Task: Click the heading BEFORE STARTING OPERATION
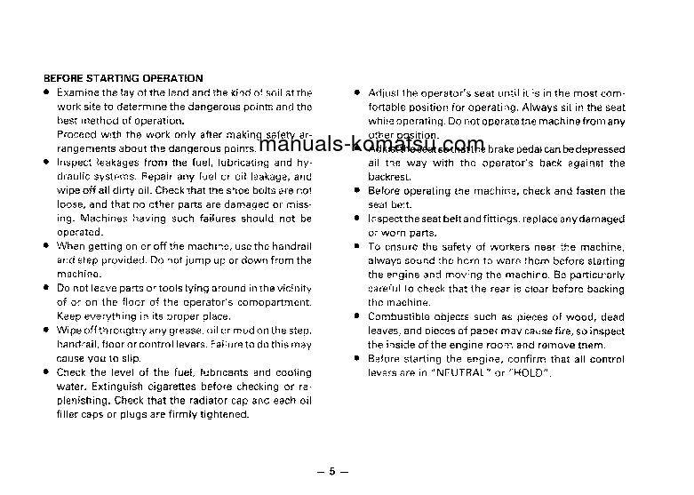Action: (124, 78)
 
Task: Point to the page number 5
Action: (331, 471)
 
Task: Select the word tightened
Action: (220, 414)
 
